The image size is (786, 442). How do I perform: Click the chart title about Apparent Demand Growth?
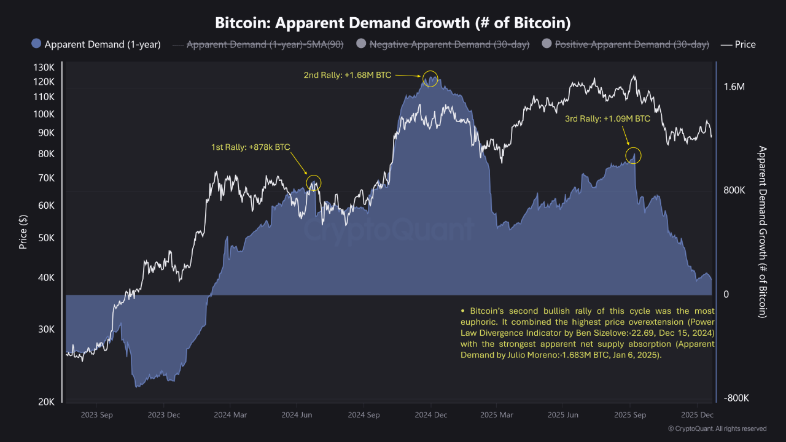point(393,23)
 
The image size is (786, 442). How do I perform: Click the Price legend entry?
point(739,44)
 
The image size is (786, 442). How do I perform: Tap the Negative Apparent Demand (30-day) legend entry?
point(444,44)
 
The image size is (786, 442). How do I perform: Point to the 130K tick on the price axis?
point(44,67)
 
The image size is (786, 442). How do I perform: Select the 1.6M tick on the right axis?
point(734,88)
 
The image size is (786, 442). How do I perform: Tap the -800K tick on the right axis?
point(736,398)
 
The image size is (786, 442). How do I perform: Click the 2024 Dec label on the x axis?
point(430,415)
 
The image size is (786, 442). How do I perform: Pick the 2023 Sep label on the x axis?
point(96,415)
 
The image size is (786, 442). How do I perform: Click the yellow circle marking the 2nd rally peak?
point(430,79)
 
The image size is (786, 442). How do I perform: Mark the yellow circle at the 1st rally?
point(314,182)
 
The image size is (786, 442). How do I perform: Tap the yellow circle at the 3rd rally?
point(634,156)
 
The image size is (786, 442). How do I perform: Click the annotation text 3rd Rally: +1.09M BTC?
point(607,119)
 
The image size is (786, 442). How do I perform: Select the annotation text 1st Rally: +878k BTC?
point(251,147)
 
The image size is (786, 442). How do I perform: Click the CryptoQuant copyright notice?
point(717,428)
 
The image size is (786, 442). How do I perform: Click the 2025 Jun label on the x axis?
point(563,415)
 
